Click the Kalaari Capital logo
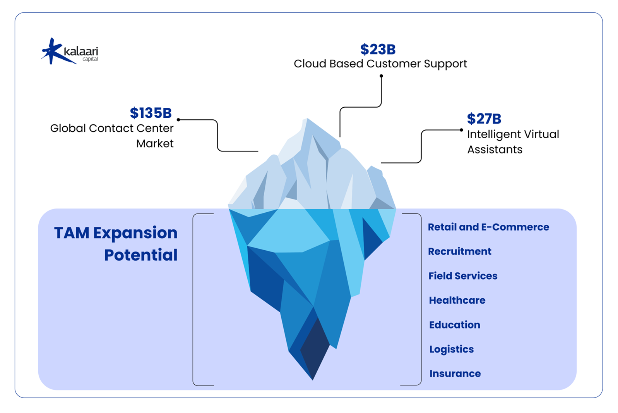pos(70,52)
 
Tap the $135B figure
pos(151,113)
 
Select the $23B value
pos(378,50)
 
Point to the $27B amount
pos(484,119)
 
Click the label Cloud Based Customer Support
pos(380,64)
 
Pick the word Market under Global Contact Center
pos(155,144)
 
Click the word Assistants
pos(495,150)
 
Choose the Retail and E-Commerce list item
pos(488,227)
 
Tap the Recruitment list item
pos(459,251)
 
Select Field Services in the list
pos(462,276)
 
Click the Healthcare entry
pos(457,300)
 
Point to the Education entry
pos(454,325)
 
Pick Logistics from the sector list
pos(451,349)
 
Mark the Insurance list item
pos(455,373)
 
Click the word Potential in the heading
pos(140,255)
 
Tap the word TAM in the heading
pos(72,233)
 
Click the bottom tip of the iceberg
pos(312,379)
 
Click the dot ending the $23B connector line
pos(381,76)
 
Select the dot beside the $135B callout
pos(178,120)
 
